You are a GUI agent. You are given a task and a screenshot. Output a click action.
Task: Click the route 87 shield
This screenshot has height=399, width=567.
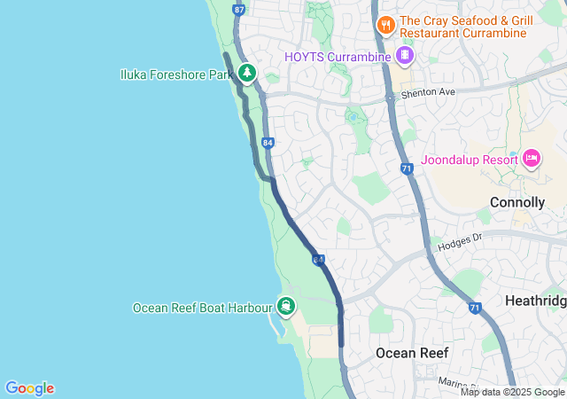(238, 9)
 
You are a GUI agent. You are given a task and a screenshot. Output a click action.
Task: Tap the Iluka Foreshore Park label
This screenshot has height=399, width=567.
(175, 74)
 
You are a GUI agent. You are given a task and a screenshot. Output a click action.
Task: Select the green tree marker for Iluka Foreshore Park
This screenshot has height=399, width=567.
(246, 73)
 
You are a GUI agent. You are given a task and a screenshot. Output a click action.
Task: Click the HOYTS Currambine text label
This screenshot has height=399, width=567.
(338, 57)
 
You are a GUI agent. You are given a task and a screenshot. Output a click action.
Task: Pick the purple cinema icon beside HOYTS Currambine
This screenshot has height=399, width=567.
(404, 56)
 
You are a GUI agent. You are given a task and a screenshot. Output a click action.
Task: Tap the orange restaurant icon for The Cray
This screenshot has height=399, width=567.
(385, 25)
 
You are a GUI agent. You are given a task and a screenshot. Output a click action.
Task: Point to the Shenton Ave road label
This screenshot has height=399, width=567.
(429, 91)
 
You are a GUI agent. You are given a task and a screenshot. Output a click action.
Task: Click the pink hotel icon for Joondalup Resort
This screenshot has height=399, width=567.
(532, 158)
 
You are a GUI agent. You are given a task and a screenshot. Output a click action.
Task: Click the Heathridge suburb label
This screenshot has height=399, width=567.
(535, 301)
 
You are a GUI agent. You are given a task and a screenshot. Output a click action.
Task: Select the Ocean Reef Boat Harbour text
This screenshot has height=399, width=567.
(201, 308)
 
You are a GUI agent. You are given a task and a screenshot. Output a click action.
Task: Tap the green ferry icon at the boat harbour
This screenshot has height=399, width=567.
(287, 307)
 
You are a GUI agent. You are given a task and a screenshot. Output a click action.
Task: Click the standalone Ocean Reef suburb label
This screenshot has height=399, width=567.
(412, 353)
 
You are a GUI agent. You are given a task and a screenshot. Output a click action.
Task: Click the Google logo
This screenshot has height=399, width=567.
(29, 387)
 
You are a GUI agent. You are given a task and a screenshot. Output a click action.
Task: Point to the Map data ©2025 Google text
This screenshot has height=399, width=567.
(512, 392)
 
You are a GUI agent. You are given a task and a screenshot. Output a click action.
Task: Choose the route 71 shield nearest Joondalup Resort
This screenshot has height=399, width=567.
(407, 168)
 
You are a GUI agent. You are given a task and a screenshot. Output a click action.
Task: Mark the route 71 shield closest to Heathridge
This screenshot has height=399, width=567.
(475, 308)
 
